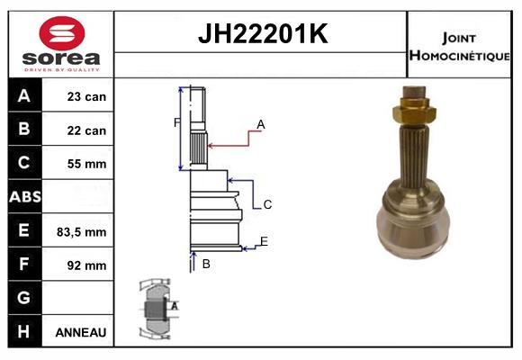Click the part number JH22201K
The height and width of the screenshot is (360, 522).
[x=261, y=34]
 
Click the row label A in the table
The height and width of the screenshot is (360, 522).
[x=24, y=96]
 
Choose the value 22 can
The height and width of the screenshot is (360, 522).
[x=86, y=130]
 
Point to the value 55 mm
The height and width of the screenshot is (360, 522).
[x=86, y=164]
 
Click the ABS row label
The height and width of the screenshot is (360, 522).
[x=24, y=197]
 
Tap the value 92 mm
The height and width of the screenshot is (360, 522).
[x=86, y=265]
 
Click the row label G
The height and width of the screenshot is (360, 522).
[x=24, y=298]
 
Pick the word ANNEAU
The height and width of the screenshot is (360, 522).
[x=81, y=332]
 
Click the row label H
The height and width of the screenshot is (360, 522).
[x=24, y=331]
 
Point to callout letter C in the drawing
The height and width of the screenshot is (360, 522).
[x=267, y=205]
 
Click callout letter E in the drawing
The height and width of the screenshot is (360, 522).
[x=264, y=241]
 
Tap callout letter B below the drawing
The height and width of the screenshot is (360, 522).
[x=206, y=264]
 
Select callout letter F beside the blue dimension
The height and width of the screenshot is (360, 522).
[x=176, y=122]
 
